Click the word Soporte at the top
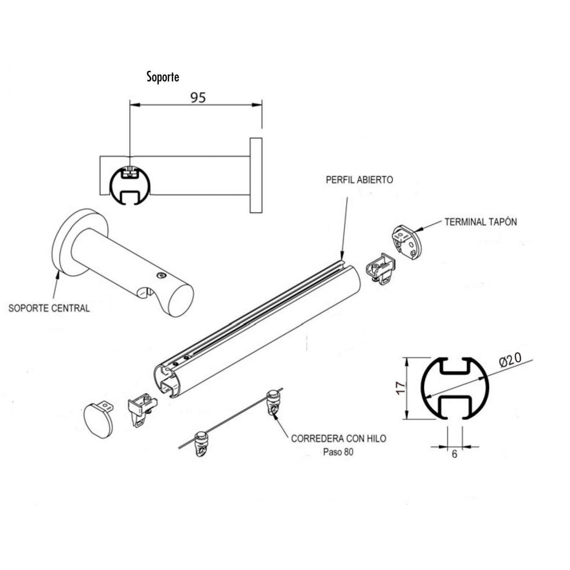(x=163, y=77)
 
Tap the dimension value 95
(x=198, y=98)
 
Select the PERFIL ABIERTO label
(x=360, y=180)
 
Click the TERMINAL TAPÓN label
(x=480, y=222)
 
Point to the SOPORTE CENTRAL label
(x=49, y=308)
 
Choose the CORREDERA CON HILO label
(x=338, y=438)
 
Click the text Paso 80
(x=338, y=452)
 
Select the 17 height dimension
(x=401, y=387)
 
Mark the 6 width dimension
(x=454, y=454)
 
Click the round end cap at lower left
(x=98, y=421)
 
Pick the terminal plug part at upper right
(x=407, y=243)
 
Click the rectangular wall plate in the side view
(x=256, y=175)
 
